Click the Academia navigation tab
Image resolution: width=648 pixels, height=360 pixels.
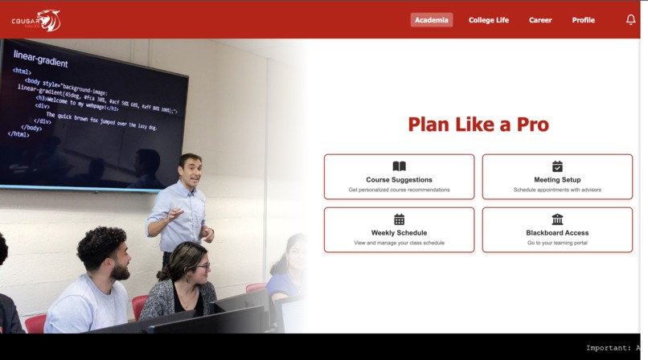pos(432,20)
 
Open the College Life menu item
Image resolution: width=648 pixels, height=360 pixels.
pos(489,20)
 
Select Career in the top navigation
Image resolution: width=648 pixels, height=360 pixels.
pos(540,20)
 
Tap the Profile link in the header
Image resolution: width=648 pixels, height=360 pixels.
pos(584,20)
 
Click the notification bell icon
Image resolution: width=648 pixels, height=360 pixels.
pos(630,20)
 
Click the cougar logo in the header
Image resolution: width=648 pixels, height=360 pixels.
pos(37,20)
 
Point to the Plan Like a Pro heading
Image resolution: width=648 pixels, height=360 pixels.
pos(478,125)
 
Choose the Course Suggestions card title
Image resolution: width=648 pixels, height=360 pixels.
pos(399,180)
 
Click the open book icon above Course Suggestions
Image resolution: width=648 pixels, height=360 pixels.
pos(399,166)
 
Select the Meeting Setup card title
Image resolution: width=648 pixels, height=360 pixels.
pos(557,180)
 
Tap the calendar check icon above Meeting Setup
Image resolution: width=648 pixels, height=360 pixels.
pos(557,166)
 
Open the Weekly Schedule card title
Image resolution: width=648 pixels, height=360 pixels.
pos(399,233)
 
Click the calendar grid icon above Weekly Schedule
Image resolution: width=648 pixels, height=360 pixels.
pos(399,219)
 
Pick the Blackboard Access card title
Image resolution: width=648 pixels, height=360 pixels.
pos(557,233)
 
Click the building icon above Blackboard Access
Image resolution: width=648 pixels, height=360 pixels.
pos(557,219)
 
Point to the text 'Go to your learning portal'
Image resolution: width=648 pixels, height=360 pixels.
pos(557,243)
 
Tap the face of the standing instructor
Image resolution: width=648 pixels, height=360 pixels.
pos(190,170)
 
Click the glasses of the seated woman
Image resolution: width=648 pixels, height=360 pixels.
pos(200,266)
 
